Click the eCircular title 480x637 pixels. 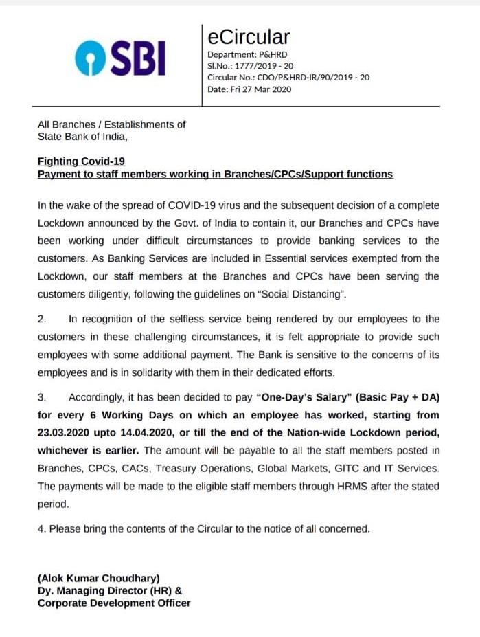coord(249,36)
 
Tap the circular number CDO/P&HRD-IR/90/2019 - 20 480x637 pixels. coord(314,78)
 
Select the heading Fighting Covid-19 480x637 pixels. coord(81,161)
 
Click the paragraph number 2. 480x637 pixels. coord(41,320)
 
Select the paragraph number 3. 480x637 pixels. coord(41,398)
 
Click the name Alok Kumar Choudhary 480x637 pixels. coord(98,578)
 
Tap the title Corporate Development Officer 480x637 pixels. coord(114,603)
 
